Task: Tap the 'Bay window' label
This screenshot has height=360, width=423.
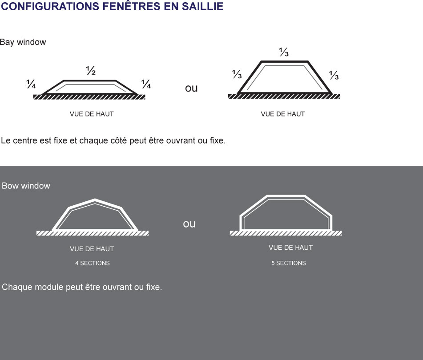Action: click(23, 42)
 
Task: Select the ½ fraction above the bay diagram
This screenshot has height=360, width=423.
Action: click(91, 70)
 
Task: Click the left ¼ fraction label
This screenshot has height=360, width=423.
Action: click(31, 84)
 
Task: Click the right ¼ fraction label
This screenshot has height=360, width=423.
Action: click(146, 84)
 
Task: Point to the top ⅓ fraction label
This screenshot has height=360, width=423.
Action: click(284, 52)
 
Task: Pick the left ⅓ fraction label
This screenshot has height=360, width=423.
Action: click(237, 75)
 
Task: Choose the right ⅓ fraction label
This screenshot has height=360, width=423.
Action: click(334, 76)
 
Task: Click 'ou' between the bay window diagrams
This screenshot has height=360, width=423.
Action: click(191, 88)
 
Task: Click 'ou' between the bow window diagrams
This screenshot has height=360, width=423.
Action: click(189, 224)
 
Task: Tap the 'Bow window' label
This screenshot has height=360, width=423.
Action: click(26, 186)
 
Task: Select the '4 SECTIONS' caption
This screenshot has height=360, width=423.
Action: click(92, 263)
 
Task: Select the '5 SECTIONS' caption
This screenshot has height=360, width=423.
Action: click(289, 263)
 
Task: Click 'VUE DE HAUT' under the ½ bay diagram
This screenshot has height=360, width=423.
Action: click(92, 114)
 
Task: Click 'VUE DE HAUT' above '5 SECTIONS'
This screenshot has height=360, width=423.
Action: click(290, 248)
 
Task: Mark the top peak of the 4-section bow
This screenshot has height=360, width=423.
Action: click(95, 200)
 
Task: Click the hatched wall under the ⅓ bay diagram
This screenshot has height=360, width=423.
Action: click(284, 96)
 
